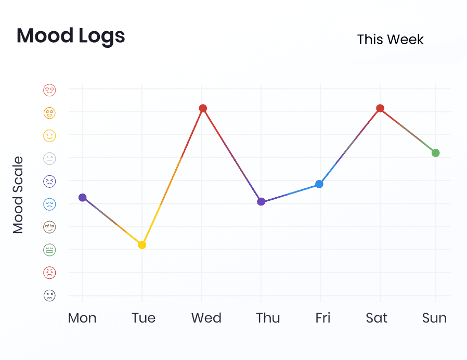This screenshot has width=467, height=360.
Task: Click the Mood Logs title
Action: tap(71, 36)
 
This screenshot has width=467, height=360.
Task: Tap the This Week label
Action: tap(390, 40)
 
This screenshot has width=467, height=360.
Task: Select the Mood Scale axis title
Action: tap(18, 195)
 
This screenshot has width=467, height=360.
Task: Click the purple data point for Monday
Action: tap(83, 197)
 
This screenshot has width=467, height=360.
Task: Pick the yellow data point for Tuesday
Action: tap(142, 245)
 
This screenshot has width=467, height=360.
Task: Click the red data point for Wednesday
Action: tap(203, 108)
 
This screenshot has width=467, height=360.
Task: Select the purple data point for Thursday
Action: tap(261, 202)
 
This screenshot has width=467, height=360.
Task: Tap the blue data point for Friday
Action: tap(319, 184)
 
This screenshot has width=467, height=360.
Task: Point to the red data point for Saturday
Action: tap(380, 108)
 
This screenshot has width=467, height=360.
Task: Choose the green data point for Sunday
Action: tap(436, 153)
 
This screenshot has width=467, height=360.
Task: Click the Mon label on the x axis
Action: tap(82, 318)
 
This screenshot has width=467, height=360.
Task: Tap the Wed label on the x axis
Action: tap(206, 318)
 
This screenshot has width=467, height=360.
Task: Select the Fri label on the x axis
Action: tap(323, 318)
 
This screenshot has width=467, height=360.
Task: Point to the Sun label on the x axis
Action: tap(434, 318)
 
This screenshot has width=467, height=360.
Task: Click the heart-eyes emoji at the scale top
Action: tap(49, 90)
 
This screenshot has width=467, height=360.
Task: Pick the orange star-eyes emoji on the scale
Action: tap(49, 113)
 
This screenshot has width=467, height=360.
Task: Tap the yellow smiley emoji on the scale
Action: tap(49, 136)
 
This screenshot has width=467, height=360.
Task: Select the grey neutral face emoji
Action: tap(49, 159)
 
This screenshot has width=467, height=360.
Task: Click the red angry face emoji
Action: tap(49, 273)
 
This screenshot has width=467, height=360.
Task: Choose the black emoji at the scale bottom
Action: tap(49, 295)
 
